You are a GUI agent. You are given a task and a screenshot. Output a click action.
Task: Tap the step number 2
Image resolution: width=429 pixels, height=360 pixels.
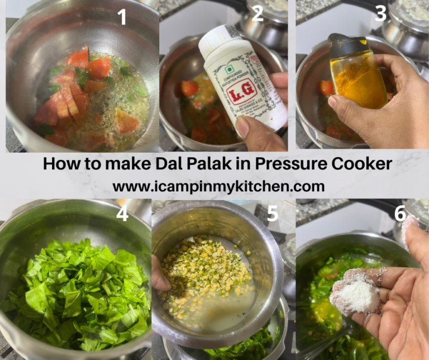(257, 13)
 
